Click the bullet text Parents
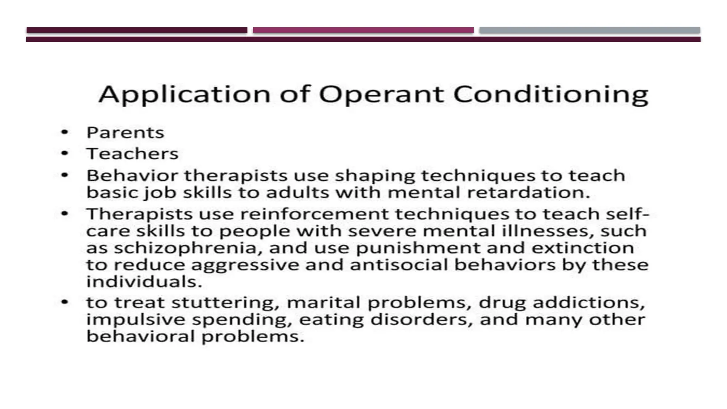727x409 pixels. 125,133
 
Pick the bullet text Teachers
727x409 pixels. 132,154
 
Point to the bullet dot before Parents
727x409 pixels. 65,132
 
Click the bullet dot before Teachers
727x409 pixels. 65,153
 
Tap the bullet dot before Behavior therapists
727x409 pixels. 65,175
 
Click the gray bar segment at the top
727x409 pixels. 590,30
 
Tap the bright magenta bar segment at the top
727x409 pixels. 363,30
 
